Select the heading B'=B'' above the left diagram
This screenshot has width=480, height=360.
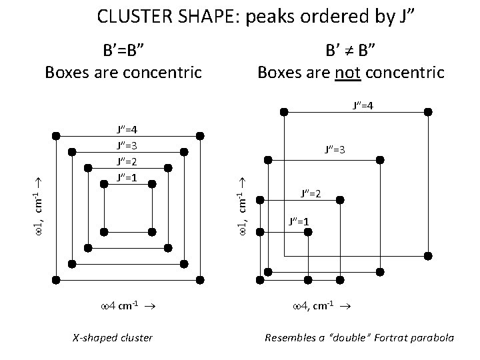(x=123, y=49)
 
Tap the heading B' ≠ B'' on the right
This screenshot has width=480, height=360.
(x=351, y=49)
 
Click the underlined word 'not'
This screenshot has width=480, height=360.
(x=347, y=72)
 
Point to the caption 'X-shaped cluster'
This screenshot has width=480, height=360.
(x=113, y=338)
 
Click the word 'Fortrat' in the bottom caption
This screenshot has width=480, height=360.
(x=387, y=338)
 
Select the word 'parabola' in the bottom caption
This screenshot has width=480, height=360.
(x=432, y=338)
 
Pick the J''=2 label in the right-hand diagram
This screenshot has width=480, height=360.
(x=311, y=193)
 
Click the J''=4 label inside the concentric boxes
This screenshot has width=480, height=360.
(x=127, y=129)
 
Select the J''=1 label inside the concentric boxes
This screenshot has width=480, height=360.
(x=127, y=177)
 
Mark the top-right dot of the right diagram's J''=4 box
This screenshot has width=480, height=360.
(x=428, y=111)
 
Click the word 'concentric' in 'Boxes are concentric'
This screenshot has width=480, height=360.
(x=162, y=72)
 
